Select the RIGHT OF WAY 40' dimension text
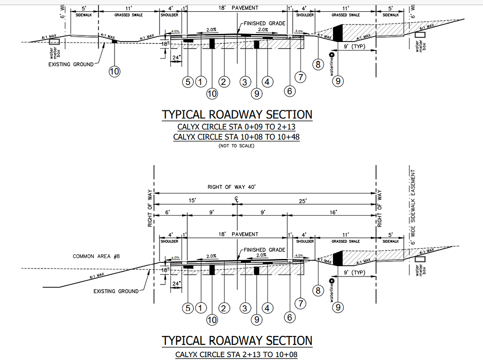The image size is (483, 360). point(232,187)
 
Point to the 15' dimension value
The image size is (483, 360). point(192,201)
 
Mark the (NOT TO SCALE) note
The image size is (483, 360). point(236,146)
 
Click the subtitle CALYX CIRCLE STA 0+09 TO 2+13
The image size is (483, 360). point(236,127)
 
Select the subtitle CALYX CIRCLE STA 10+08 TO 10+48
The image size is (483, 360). point(236,137)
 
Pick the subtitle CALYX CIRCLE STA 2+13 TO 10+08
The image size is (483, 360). point(236,354)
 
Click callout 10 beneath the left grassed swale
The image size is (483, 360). point(114,71)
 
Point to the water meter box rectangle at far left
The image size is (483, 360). point(55,42)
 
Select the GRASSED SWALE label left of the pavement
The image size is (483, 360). point(128,15)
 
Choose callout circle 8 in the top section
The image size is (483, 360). point(318,64)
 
